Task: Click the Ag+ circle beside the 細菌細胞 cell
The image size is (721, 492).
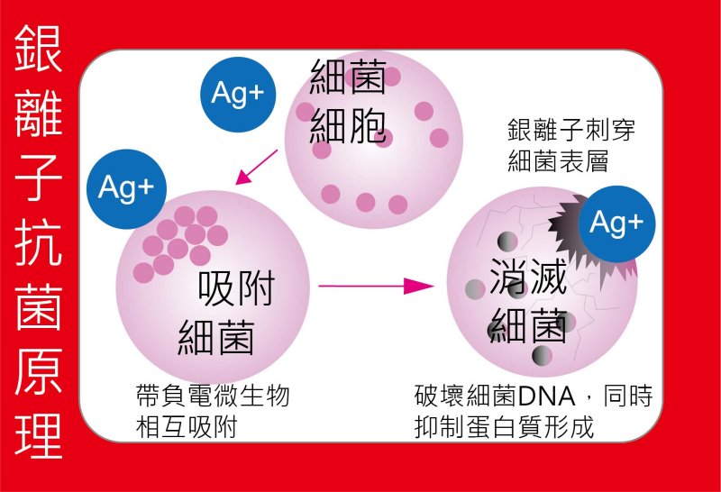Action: (x=238, y=95)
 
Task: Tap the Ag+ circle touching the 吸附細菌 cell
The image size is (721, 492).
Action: (x=126, y=188)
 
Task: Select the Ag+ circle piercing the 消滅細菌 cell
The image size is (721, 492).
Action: (x=616, y=224)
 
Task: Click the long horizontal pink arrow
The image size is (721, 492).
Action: (x=376, y=286)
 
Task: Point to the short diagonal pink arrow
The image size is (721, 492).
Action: (x=256, y=167)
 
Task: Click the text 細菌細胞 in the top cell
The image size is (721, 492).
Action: (x=348, y=102)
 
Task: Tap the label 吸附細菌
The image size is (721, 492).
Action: (x=226, y=312)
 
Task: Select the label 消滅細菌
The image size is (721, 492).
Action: (x=528, y=301)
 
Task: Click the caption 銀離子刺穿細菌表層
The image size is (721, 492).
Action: (x=571, y=145)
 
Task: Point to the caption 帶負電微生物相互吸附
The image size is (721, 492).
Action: (x=213, y=411)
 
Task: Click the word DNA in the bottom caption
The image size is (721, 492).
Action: (x=547, y=396)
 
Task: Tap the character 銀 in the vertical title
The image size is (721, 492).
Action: (x=38, y=48)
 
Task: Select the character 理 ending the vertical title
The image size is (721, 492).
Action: (x=38, y=435)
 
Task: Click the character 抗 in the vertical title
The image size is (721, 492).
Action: (x=38, y=241)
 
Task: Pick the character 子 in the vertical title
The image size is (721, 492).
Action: (x=38, y=178)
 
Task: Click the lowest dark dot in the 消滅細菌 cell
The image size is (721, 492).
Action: (x=542, y=355)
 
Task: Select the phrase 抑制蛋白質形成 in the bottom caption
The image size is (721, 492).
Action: (x=504, y=427)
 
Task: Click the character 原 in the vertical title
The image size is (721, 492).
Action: (x=38, y=370)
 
